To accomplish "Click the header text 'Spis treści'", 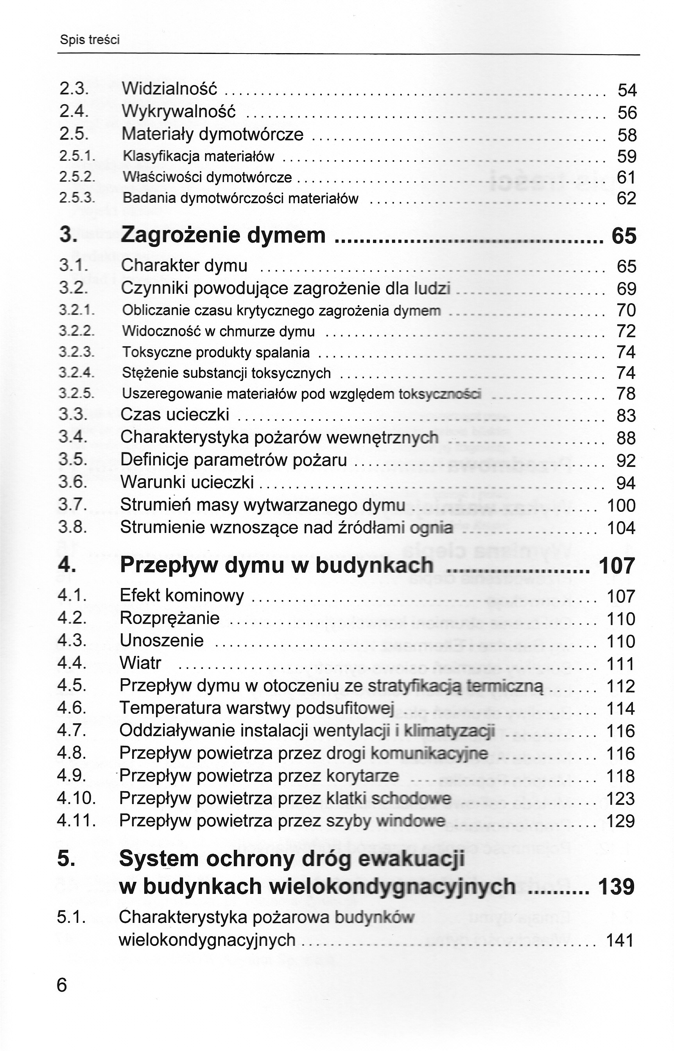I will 90,40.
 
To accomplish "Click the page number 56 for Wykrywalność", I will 627,113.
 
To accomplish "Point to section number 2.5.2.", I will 77,177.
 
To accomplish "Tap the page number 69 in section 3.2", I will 626,289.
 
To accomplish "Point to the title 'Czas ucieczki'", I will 175,415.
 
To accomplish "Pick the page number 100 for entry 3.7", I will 621,506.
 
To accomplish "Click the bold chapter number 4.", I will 66,565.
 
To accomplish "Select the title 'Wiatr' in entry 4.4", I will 140,663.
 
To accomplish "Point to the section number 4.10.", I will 76,798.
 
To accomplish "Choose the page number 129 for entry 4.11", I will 620,821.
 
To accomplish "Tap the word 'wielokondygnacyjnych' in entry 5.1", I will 207,940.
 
